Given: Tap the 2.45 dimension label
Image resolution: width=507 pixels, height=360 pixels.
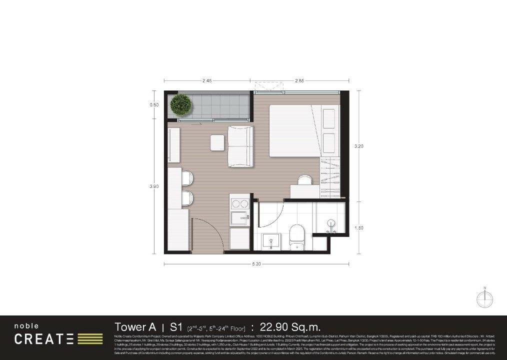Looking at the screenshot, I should click(208, 80).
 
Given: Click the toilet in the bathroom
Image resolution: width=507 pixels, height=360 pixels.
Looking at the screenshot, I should click(297, 236).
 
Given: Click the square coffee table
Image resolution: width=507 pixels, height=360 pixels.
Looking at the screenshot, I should click(217, 142).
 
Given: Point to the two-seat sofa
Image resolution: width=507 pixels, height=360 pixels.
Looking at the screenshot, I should click(240, 146).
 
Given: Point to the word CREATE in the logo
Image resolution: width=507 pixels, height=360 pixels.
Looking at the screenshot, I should click(44, 339).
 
